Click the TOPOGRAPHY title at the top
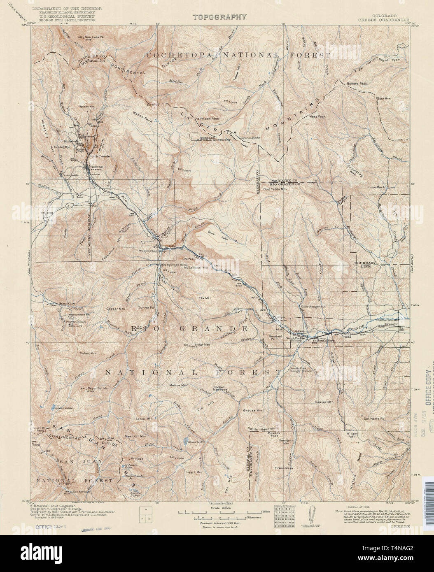pyautogui.click(x=220, y=17)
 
